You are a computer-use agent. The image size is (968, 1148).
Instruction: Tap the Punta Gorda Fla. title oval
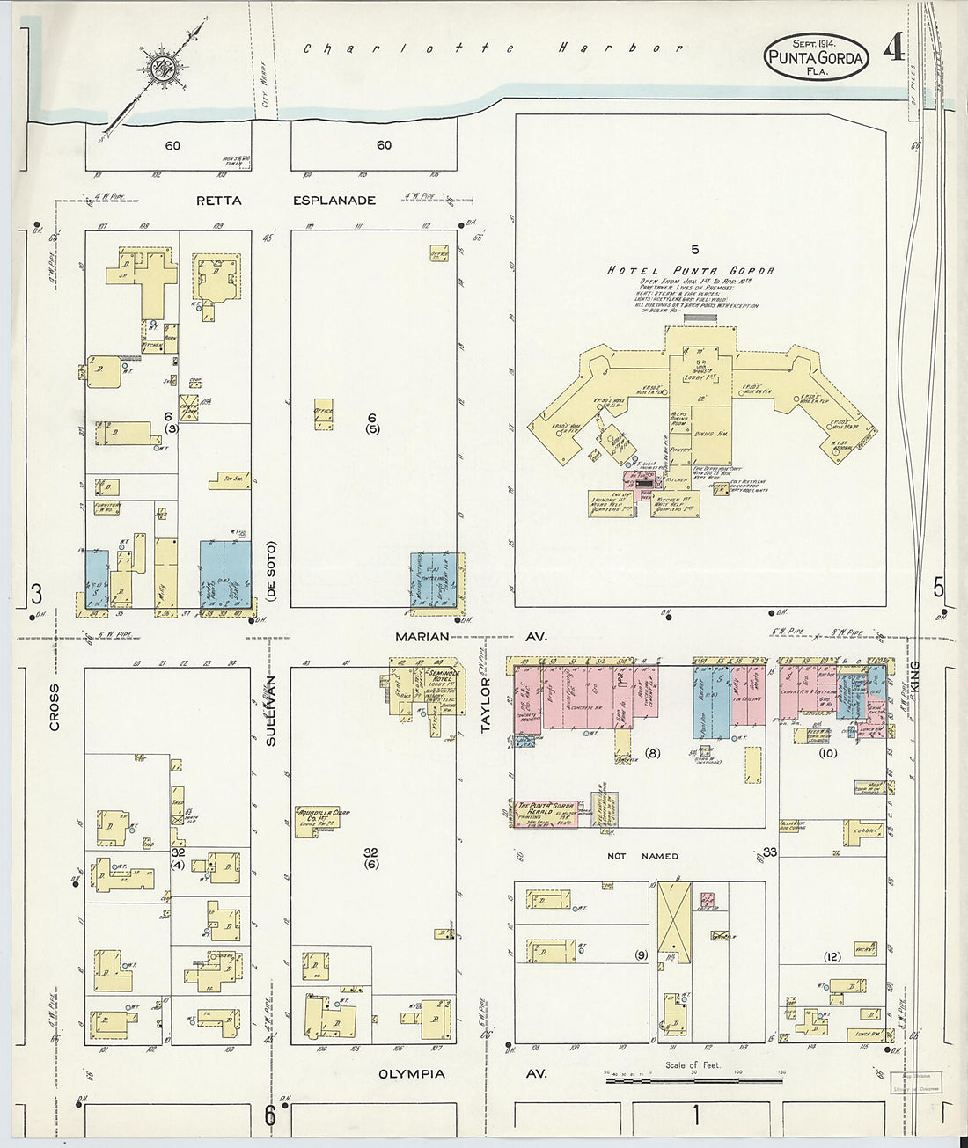[x=816, y=56]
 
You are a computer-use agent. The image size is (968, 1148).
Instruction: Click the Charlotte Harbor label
[x=493, y=48]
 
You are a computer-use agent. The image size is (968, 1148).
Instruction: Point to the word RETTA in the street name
[x=219, y=201]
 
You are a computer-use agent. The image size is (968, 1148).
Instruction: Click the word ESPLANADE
[x=334, y=201]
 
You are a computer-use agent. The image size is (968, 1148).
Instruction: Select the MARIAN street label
[x=423, y=636]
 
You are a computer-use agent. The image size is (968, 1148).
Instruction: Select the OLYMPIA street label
[x=411, y=1074]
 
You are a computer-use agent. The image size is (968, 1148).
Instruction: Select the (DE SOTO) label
[x=271, y=571]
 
